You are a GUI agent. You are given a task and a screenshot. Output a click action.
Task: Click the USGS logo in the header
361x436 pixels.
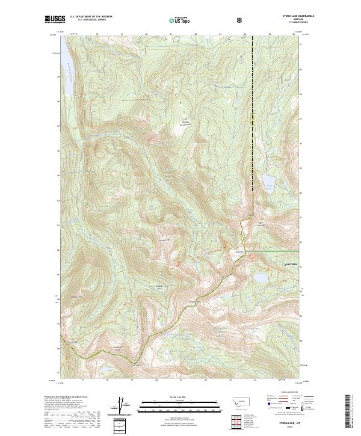(x=54, y=20)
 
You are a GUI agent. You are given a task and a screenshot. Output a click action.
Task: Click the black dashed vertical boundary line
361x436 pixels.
(x=252, y=120)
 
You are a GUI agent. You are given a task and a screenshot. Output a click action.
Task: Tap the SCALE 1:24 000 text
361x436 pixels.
(x=180, y=398)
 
